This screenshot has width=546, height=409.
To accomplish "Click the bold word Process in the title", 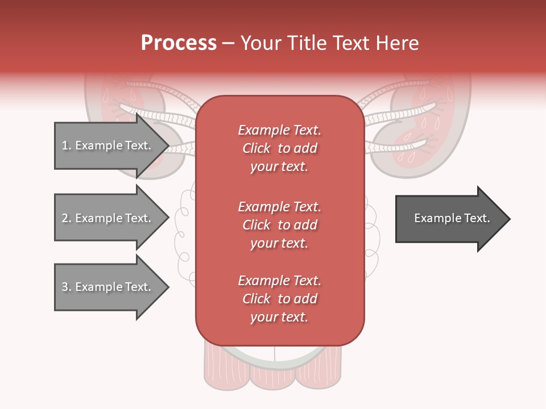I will [x=179, y=43].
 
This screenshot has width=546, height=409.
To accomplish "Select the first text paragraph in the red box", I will [x=279, y=148].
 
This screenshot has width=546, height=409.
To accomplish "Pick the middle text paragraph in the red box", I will [x=279, y=225].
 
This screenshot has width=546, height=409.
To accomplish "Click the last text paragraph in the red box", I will [x=279, y=299].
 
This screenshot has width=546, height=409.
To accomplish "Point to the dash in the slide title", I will [x=228, y=44].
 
